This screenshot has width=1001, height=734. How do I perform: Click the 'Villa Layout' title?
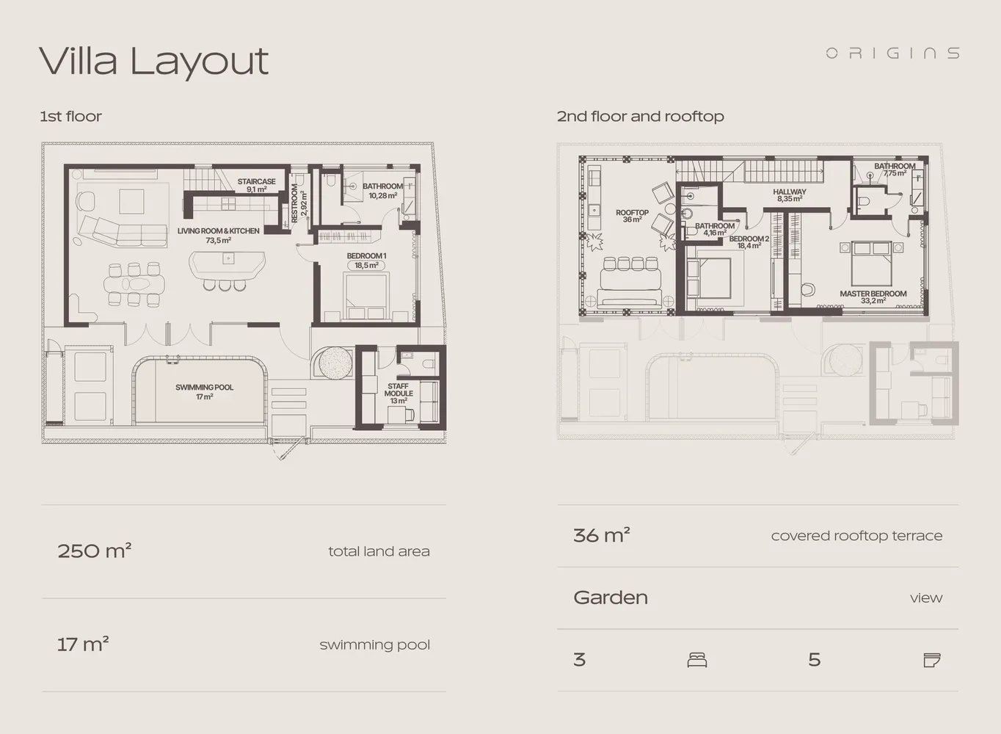tap(153, 61)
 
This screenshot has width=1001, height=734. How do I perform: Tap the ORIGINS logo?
tap(892, 53)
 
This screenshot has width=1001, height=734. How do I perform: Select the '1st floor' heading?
tap(70, 117)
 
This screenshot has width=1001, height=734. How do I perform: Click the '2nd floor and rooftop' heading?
tap(640, 117)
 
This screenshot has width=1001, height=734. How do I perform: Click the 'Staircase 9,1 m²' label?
tap(256, 185)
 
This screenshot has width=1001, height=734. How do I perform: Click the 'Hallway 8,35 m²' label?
tap(789, 195)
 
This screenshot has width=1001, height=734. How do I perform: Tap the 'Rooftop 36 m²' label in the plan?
tap(632, 216)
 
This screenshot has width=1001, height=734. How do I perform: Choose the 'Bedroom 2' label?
tap(749, 242)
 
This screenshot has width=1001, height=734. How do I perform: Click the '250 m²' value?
tap(94, 550)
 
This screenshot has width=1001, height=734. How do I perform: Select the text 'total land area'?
tap(379, 551)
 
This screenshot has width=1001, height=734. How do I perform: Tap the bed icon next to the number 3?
tap(697, 660)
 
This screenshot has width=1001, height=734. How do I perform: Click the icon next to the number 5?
tap(931, 660)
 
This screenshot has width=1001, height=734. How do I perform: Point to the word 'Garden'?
tap(610, 597)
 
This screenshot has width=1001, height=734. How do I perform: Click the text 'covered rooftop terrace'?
tap(856, 536)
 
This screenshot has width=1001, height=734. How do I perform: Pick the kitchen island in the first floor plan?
tap(227, 263)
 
